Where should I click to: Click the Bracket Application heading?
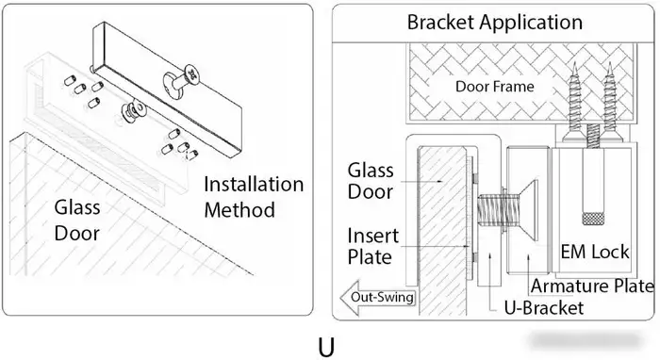click(495, 23)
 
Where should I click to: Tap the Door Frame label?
click(495, 87)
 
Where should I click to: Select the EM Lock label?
click(595, 252)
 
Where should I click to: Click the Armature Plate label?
click(592, 286)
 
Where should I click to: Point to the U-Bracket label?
click(544, 308)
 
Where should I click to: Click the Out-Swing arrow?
click(378, 298)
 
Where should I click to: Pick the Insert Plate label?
click(372, 247)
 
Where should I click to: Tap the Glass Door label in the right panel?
click(371, 181)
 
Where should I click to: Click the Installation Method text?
click(254, 197)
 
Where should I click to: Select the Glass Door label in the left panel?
click(77, 221)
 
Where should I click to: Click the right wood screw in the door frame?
click(609, 106)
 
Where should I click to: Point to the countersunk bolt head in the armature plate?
click(528, 210)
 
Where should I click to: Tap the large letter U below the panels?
click(326, 348)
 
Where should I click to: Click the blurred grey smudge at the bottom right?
click(586, 340)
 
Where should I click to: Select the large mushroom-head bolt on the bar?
click(181, 79)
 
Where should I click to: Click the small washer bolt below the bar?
click(133, 110)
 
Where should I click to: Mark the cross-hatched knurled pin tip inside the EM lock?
click(593, 219)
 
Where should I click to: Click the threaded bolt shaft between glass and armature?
click(491, 210)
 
